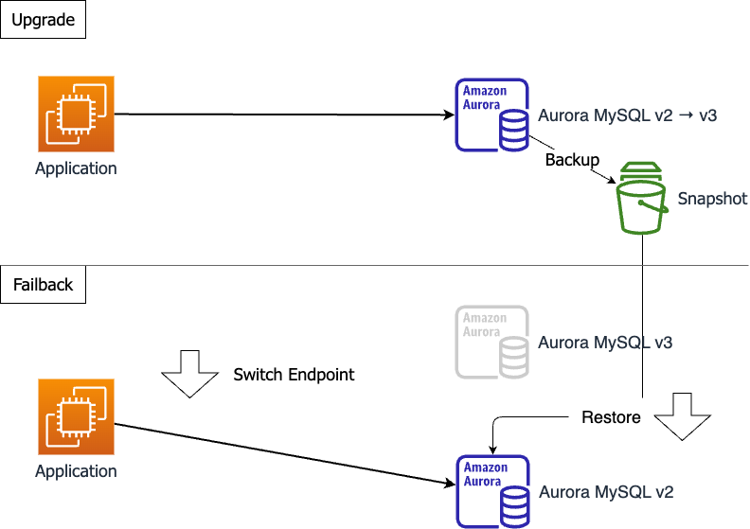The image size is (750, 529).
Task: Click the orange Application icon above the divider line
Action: point(76,114)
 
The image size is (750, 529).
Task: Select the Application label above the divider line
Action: point(76,169)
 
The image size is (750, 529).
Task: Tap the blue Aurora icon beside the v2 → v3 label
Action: point(492,115)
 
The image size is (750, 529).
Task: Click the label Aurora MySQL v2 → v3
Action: point(627,116)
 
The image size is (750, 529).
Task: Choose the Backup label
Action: point(572,160)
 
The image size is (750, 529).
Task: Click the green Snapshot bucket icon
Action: point(642,198)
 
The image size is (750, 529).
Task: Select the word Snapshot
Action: point(712,200)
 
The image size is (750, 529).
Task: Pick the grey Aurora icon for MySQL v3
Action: point(492,342)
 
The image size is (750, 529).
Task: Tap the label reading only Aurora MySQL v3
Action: point(605,343)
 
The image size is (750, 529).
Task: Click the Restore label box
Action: point(611,417)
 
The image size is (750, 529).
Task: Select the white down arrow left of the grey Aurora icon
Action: point(190,373)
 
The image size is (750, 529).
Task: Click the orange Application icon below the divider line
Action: point(76,416)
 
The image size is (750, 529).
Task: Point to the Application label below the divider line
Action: point(76,471)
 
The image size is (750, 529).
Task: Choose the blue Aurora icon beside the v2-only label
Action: point(492,491)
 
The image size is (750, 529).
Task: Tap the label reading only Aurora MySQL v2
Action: point(606,493)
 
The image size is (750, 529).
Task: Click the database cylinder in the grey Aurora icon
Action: point(514,356)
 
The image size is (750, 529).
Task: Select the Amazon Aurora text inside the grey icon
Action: point(484,325)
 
